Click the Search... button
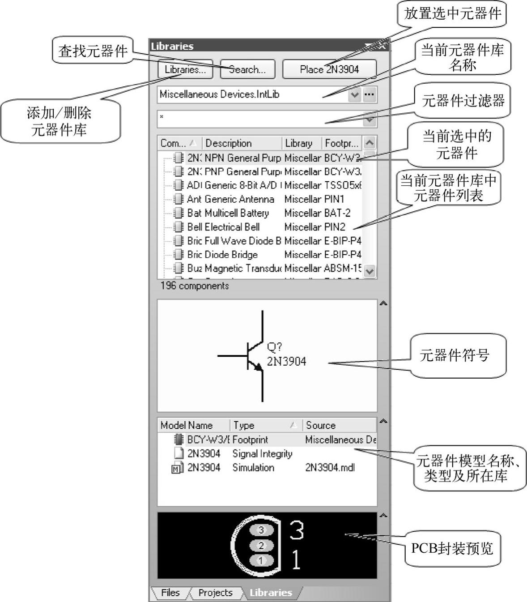tap(247, 69)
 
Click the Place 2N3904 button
tap(329, 69)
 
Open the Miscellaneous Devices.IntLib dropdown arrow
tap(355, 94)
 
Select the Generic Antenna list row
tap(239, 199)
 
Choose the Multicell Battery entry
tap(237, 213)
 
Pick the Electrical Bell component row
tap(232, 227)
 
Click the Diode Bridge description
tap(231, 255)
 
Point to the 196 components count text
tap(195, 286)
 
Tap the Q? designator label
tap(274, 347)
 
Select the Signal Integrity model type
tap(262, 453)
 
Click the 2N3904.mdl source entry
tap(330, 467)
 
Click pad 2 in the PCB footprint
tap(261, 545)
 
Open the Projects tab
tap(215, 593)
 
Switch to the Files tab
tap(170, 593)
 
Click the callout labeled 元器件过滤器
tap(463, 100)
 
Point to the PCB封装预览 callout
tap(452, 548)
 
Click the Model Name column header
tap(187, 425)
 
